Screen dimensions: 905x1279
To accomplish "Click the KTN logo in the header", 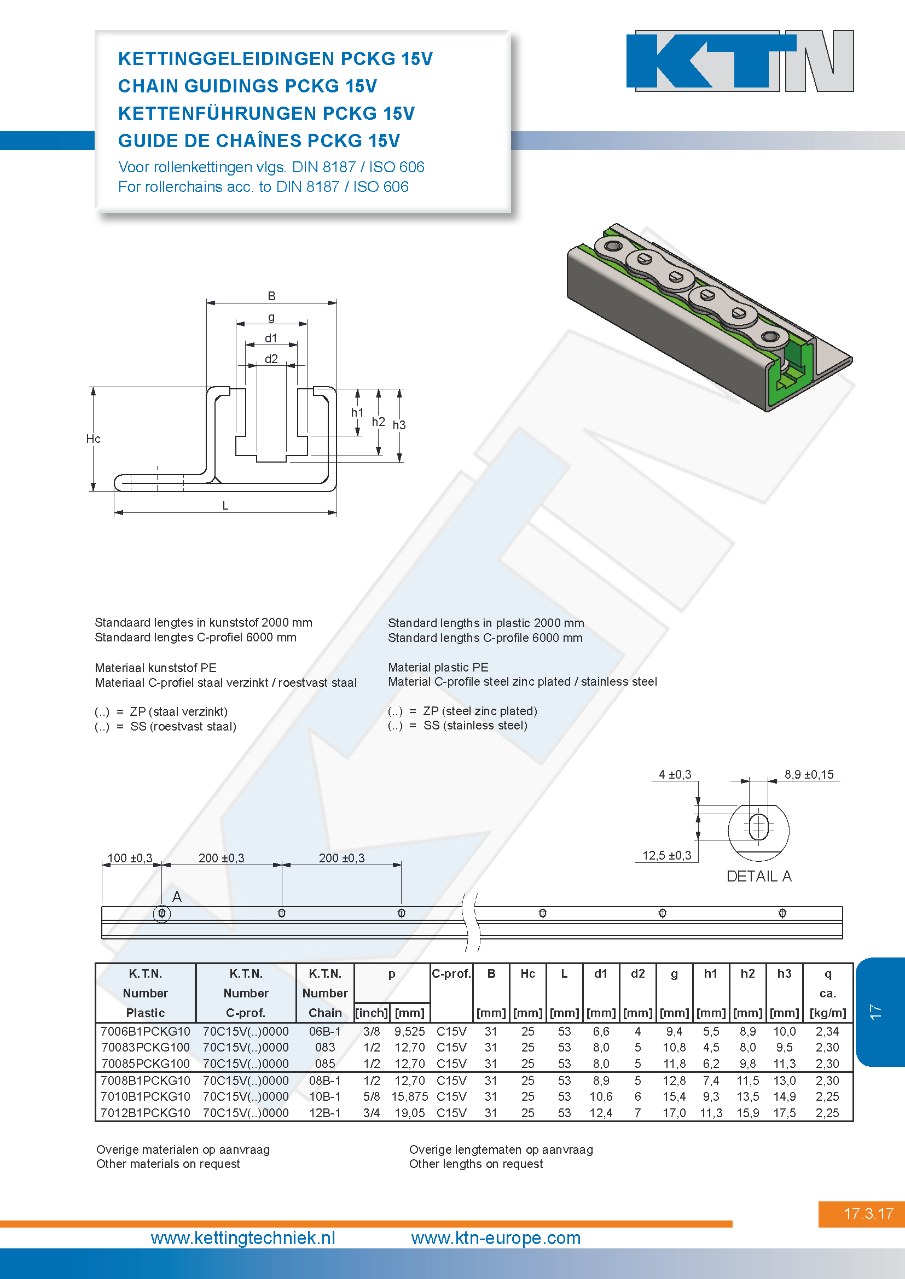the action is coord(740,61).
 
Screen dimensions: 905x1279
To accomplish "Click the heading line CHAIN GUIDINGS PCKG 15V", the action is coord(247,86).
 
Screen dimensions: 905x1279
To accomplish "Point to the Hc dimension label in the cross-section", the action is coord(93,439).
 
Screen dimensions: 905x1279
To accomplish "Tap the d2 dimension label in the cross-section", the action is coord(271,359).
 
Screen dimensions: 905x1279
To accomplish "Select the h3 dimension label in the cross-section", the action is coord(399,425).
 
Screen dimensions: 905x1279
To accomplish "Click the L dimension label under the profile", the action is coord(225,506).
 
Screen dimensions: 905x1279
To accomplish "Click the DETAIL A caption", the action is coord(759,876).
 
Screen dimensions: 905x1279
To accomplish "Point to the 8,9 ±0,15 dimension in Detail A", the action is coord(809,774).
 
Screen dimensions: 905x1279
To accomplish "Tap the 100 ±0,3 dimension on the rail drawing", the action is coord(130,858).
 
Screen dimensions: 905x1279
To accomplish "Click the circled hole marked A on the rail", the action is coord(161,913).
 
